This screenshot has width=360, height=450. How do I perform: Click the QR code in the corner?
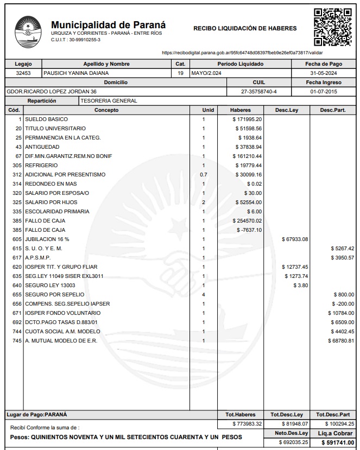[333, 27]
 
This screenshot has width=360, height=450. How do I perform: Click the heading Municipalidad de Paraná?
[108, 25]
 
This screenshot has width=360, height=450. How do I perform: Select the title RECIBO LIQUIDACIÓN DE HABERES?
[245, 28]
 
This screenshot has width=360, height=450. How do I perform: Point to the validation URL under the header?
[242, 53]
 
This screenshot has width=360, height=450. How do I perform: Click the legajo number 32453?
[23, 73]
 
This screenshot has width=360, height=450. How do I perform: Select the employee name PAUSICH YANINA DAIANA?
[76, 73]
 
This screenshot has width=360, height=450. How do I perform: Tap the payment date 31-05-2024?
[324, 73]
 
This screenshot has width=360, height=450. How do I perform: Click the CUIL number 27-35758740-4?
[258, 92]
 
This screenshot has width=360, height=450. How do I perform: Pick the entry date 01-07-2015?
[324, 92]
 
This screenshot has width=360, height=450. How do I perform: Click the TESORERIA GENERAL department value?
[109, 101]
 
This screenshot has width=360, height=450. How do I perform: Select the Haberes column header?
[241, 110]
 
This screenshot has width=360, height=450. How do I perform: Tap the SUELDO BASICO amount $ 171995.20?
[247, 119]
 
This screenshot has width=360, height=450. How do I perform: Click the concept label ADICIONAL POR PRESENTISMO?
[65, 175]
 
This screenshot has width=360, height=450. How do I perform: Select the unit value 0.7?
[204, 175]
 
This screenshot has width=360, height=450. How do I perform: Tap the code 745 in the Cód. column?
[17, 341]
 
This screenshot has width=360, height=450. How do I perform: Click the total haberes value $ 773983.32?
[247, 423]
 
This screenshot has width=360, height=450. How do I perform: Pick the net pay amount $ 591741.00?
[338, 443]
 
